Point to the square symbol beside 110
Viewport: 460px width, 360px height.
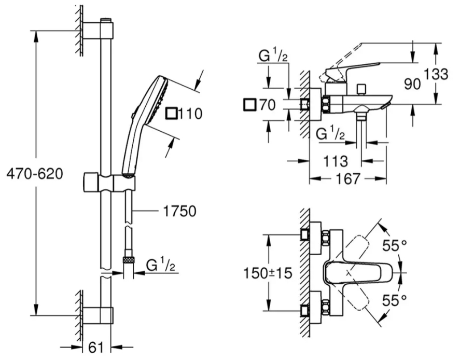click(171, 113)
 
